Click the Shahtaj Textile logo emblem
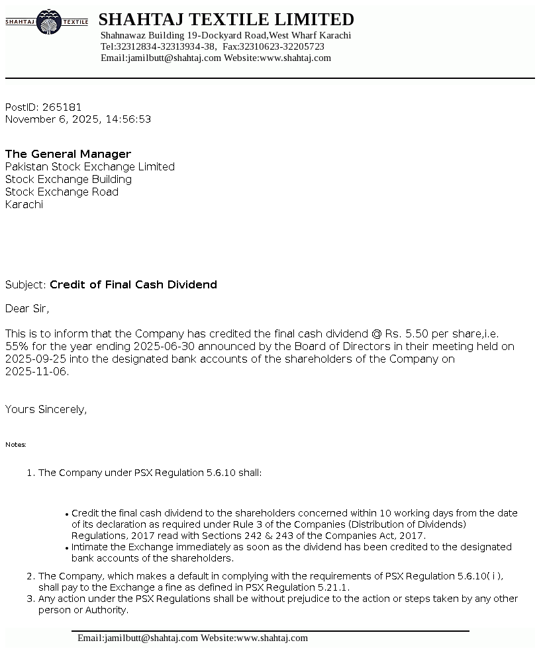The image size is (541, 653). coord(46,22)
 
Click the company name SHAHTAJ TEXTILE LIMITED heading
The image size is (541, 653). coord(226,19)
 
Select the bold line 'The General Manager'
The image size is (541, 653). coord(68,154)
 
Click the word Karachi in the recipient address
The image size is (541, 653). coord(24,205)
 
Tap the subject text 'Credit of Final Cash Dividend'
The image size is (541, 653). coord(133,285)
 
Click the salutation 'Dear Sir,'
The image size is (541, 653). coord(27,309)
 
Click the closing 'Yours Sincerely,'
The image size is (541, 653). coord(46,410)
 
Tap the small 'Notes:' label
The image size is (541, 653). coord(16,445)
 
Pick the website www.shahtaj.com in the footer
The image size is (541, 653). coord(271,638)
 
